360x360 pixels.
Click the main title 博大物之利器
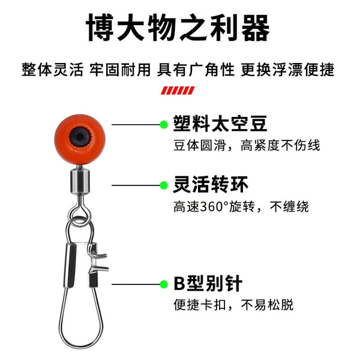(x=178, y=28)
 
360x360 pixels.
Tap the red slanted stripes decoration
(x=178, y=91)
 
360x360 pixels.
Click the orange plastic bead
(x=80, y=139)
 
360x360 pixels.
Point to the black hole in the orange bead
(x=79, y=137)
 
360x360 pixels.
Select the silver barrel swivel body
(x=79, y=181)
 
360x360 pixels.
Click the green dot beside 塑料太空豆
(x=164, y=125)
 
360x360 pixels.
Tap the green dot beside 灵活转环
(x=164, y=185)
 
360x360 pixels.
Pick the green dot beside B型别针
(x=164, y=284)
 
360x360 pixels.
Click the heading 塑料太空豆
(x=220, y=124)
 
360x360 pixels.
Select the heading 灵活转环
(x=211, y=184)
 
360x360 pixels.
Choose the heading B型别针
(x=208, y=283)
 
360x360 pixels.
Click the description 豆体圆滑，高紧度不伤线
(x=247, y=145)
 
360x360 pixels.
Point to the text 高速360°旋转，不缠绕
(x=241, y=206)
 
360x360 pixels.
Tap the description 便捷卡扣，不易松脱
(x=233, y=305)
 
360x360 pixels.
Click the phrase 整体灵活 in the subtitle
(x=52, y=70)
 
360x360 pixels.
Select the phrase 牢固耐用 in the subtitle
(x=120, y=70)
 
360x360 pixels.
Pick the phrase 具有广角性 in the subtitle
(x=196, y=70)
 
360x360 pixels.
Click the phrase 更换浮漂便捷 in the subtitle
(x=287, y=70)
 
